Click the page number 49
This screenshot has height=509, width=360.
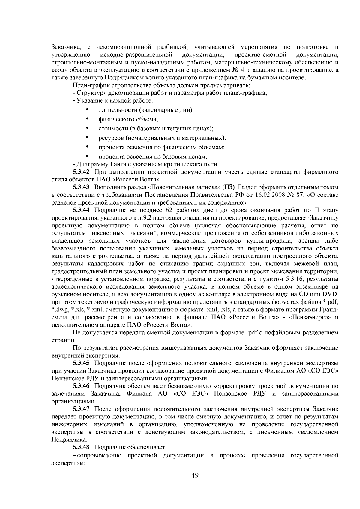(195, 475)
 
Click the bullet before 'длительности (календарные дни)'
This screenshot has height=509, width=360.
(87, 109)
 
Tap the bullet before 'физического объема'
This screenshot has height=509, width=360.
(87, 119)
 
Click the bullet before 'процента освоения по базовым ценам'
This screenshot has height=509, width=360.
(87, 156)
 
